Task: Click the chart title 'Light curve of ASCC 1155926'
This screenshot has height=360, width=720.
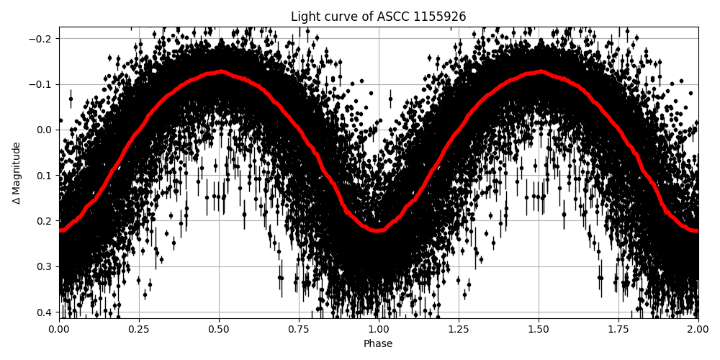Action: (x=378, y=17)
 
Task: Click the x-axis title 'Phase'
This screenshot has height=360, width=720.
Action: (x=378, y=344)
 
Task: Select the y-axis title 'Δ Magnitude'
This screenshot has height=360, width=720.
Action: (x=17, y=173)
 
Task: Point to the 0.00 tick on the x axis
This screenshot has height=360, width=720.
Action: (x=59, y=329)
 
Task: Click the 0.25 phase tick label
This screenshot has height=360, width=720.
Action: (x=139, y=329)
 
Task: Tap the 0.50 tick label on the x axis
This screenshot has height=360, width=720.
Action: (x=219, y=329)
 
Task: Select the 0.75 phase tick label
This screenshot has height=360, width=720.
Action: (x=299, y=329)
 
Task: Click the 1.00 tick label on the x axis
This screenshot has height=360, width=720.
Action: (x=379, y=329)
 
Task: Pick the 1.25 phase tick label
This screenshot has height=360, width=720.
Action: (x=459, y=329)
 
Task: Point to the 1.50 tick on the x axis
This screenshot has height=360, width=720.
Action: (x=539, y=329)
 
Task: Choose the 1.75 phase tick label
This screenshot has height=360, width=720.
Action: (x=618, y=329)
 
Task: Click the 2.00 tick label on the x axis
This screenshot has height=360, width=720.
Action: (x=698, y=329)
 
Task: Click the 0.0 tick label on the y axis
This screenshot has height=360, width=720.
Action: (x=45, y=130)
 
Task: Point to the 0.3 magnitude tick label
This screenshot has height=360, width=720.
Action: (x=45, y=266)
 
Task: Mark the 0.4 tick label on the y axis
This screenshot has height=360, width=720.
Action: (x=45, y=312)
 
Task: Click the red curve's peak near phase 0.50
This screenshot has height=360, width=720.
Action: (x=221, y=71)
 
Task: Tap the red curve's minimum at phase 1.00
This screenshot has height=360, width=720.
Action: (x=379, y=230)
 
